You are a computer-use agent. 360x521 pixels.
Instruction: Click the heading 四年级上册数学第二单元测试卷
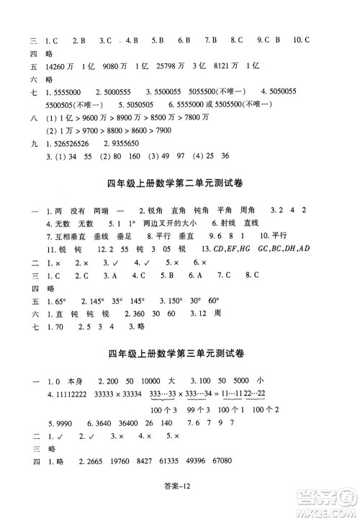pyautogui.click(x=180, y=184)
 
